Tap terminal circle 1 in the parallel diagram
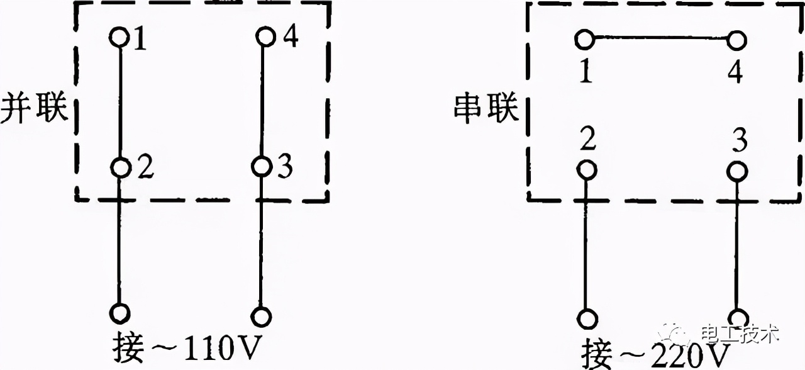click(119, 37)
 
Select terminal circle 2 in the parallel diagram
click(120, 167)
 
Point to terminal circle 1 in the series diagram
click(584, 40)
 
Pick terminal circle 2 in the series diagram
click(586, 170)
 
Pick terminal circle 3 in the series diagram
click(738, 171)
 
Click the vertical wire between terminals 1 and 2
click(119, 101)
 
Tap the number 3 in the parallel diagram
click(285, 167)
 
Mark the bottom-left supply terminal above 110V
click(119, 313)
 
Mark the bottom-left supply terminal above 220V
click(587, 318)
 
